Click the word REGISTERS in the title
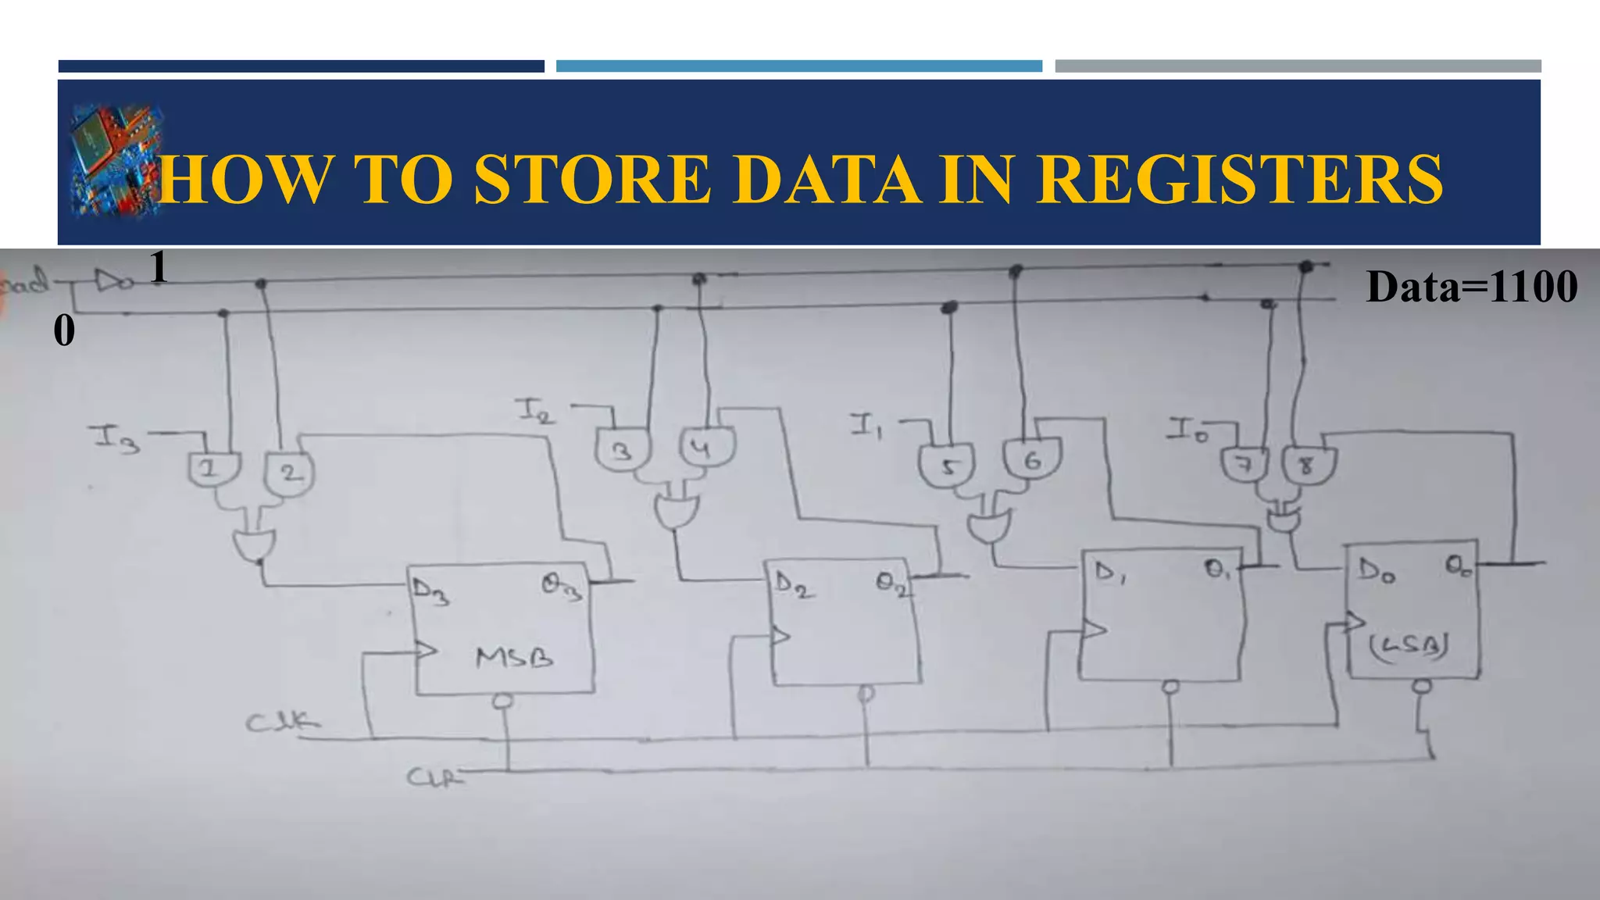(x=1240, y=179)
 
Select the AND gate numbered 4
(x=707, y=447)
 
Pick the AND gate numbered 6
(x=1032, y=459)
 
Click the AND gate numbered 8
(x=1308, y=466)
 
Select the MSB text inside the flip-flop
(x=514, y=658)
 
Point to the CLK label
(x=281, y=723)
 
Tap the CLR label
(x=432, y=777)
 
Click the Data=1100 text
(x=1471, y=287)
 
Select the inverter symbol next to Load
(x=112, y=280)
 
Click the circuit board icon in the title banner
(x=113, y=160)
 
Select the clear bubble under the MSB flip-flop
(x=503, y=701)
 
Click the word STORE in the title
(x=592, y=179)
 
